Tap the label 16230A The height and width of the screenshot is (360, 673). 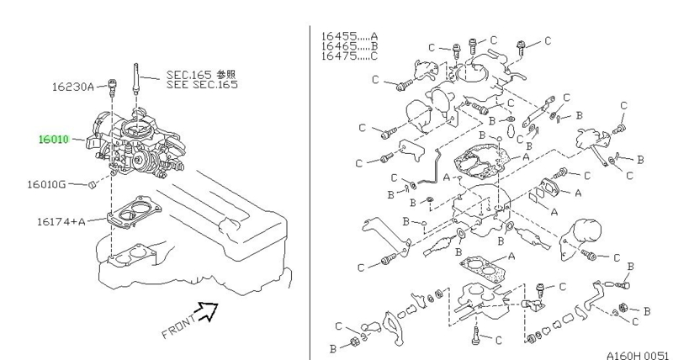click(73, 86)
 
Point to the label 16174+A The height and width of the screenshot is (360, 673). click(61, 221)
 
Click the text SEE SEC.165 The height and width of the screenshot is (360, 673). click(201, 85)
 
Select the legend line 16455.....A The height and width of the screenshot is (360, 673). click(349, 36)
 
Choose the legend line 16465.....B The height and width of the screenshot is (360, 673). click(349, 47)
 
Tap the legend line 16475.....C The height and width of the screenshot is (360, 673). click(349, 58)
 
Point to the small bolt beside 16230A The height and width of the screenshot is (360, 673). click(111, 84)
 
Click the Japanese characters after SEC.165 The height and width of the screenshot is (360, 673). click(225, 74)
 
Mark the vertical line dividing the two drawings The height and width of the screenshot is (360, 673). click(309, 185)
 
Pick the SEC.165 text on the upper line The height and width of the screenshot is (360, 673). click(185, 74)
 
